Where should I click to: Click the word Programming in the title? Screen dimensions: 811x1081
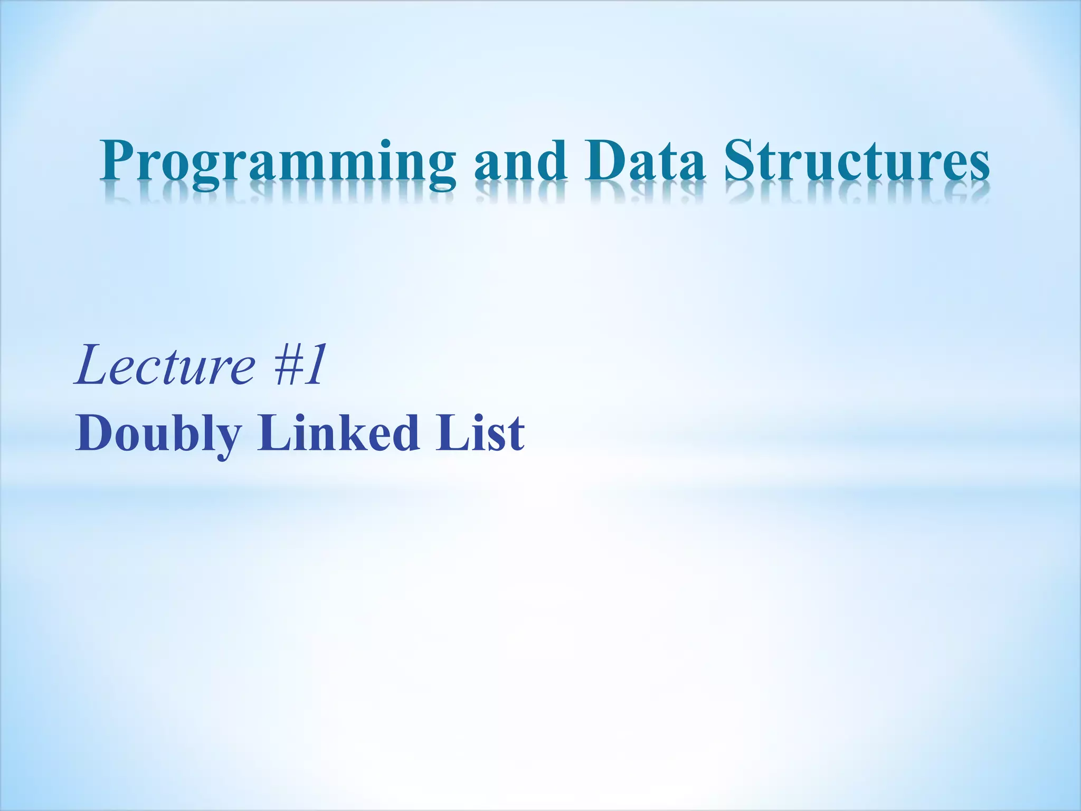[x=277, y=161]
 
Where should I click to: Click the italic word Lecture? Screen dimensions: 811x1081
[x=165, y=364]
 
